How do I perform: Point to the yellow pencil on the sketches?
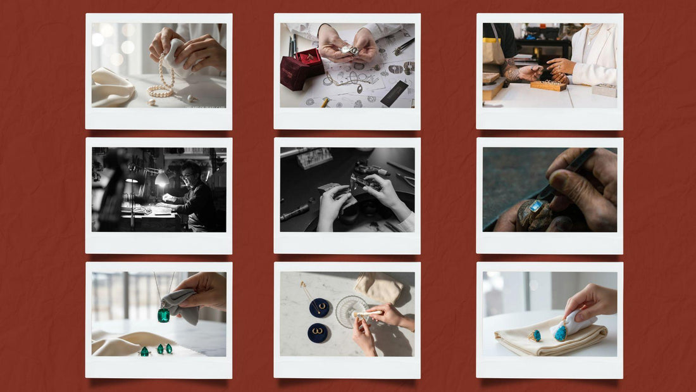(325, 101)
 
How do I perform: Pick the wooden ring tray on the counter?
(548, 85)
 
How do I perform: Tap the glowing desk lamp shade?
(161, 179)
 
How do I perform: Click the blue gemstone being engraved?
(537, 205)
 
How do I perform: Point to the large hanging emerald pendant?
(163, 315)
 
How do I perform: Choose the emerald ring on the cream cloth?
(144, 351)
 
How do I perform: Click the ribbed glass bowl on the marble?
(351, 310)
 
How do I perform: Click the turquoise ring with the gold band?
(535, 336)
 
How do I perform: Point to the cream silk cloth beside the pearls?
(113, 87)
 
